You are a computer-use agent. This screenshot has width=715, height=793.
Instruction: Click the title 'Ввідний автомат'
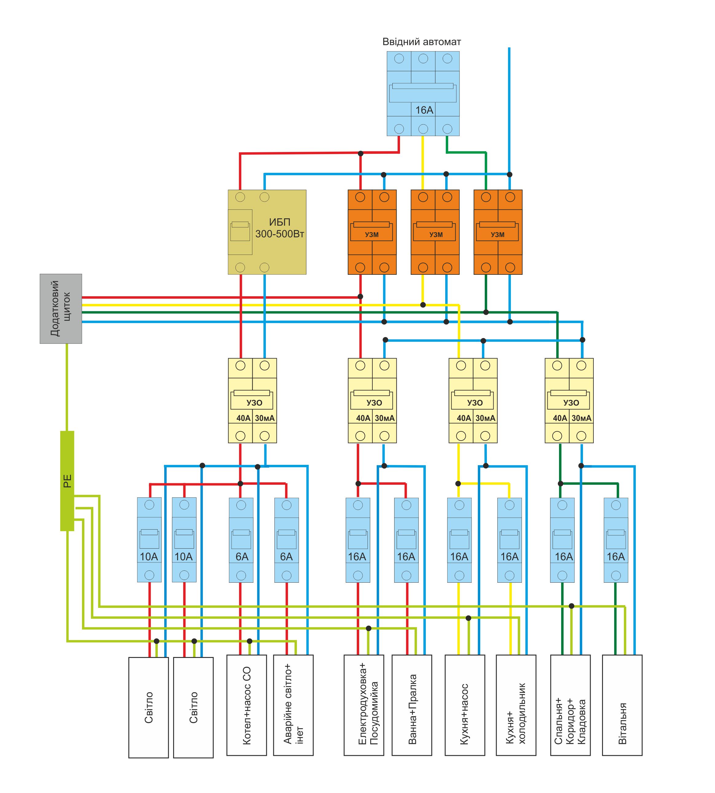tap(422, 42)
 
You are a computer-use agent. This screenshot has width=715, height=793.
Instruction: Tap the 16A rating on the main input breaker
tap(424, 110)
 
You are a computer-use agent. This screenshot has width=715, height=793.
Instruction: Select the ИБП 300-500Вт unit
tap(267, 232)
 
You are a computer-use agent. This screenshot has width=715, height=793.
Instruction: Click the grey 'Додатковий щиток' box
tap(61, 309)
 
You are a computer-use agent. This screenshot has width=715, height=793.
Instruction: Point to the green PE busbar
tap(67, 481)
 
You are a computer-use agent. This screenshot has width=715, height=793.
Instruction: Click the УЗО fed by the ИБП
tap(253, 401)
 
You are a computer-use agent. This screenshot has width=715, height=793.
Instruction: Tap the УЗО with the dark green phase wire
tap(569, 401)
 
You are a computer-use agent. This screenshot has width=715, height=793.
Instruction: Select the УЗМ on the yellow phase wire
tap(435, 232)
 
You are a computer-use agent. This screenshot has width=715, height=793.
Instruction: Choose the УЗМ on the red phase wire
tap(372, 232)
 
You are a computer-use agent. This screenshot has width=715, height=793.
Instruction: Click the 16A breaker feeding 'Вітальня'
tap(616, 540)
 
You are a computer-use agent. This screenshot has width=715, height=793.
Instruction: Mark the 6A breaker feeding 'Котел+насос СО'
tap(241, 540)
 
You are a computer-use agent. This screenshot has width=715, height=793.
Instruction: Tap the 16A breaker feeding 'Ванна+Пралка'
tap(406, 540)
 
